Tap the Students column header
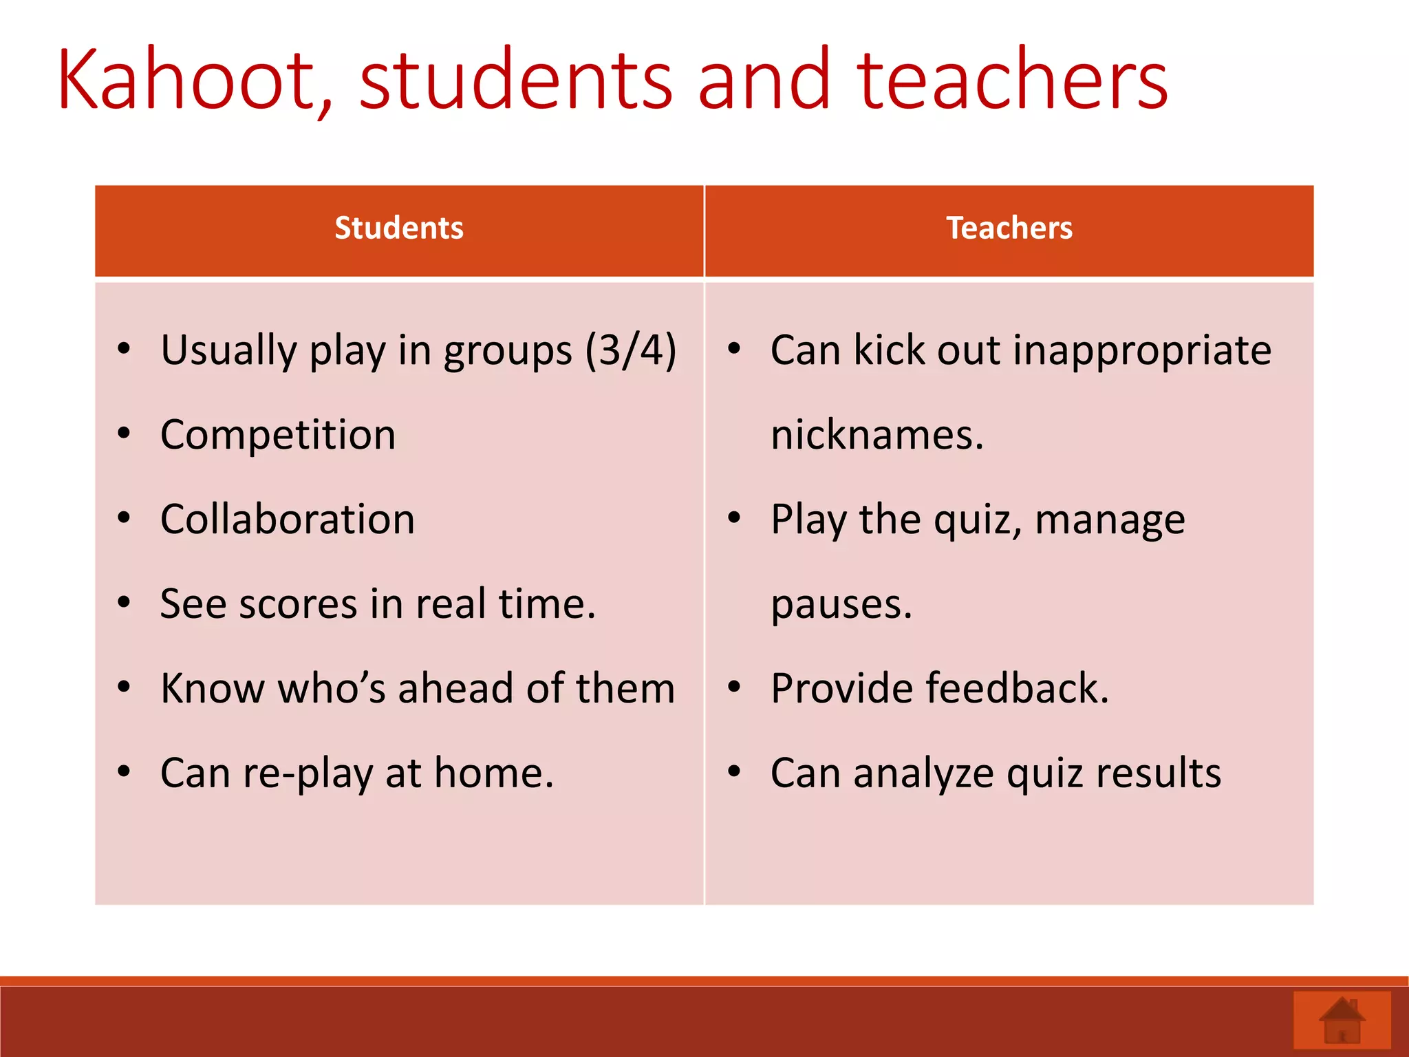point(399,228)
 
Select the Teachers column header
point(1009,228)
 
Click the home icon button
point(1342,1021)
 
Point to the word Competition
point(278,435)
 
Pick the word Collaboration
point(288,520)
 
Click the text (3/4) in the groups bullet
point(631,350)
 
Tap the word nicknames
point(877,435)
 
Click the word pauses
point(841,604)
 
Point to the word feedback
point(1018,688)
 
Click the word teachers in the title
point(1012,79)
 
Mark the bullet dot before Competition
point(124,434)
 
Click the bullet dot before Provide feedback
point(734,687)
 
